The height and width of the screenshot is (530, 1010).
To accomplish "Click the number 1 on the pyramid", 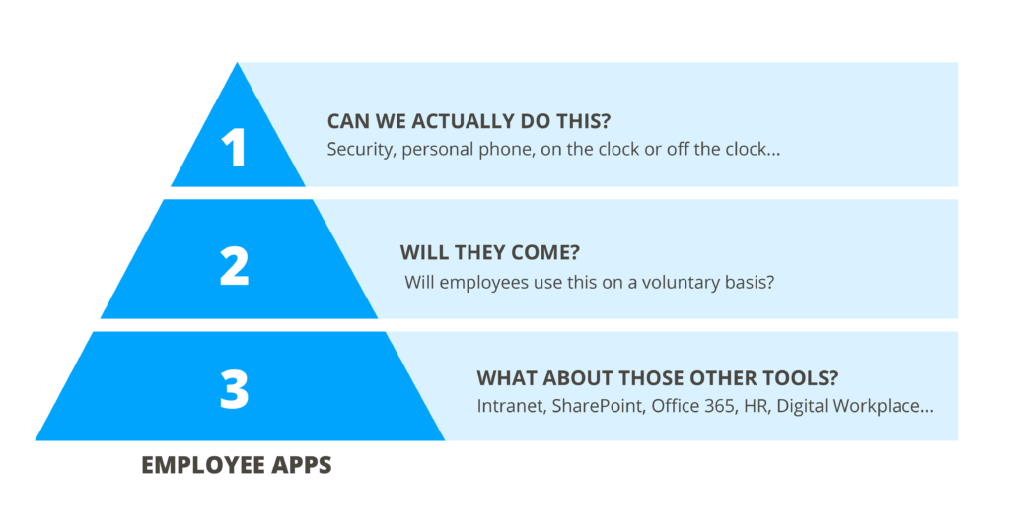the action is tap(234, 148).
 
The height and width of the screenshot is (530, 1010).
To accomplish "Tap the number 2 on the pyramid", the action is tap(234, 266).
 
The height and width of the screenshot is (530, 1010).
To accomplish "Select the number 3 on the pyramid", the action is tap(234, 388).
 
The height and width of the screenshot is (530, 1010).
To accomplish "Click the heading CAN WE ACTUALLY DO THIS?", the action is tap(469, 121).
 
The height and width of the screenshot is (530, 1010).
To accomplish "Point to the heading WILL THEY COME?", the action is tap(489, 252).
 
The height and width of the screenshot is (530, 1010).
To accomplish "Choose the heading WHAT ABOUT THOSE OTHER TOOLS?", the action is tap(657, 377).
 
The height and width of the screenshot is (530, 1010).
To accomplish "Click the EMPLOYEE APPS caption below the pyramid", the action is tap(237, 464).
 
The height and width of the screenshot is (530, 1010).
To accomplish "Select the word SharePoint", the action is tap(599, 407).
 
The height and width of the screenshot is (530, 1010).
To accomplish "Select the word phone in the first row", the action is tap(510, 150).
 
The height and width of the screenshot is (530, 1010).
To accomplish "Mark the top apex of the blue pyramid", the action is tap(237, 62).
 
